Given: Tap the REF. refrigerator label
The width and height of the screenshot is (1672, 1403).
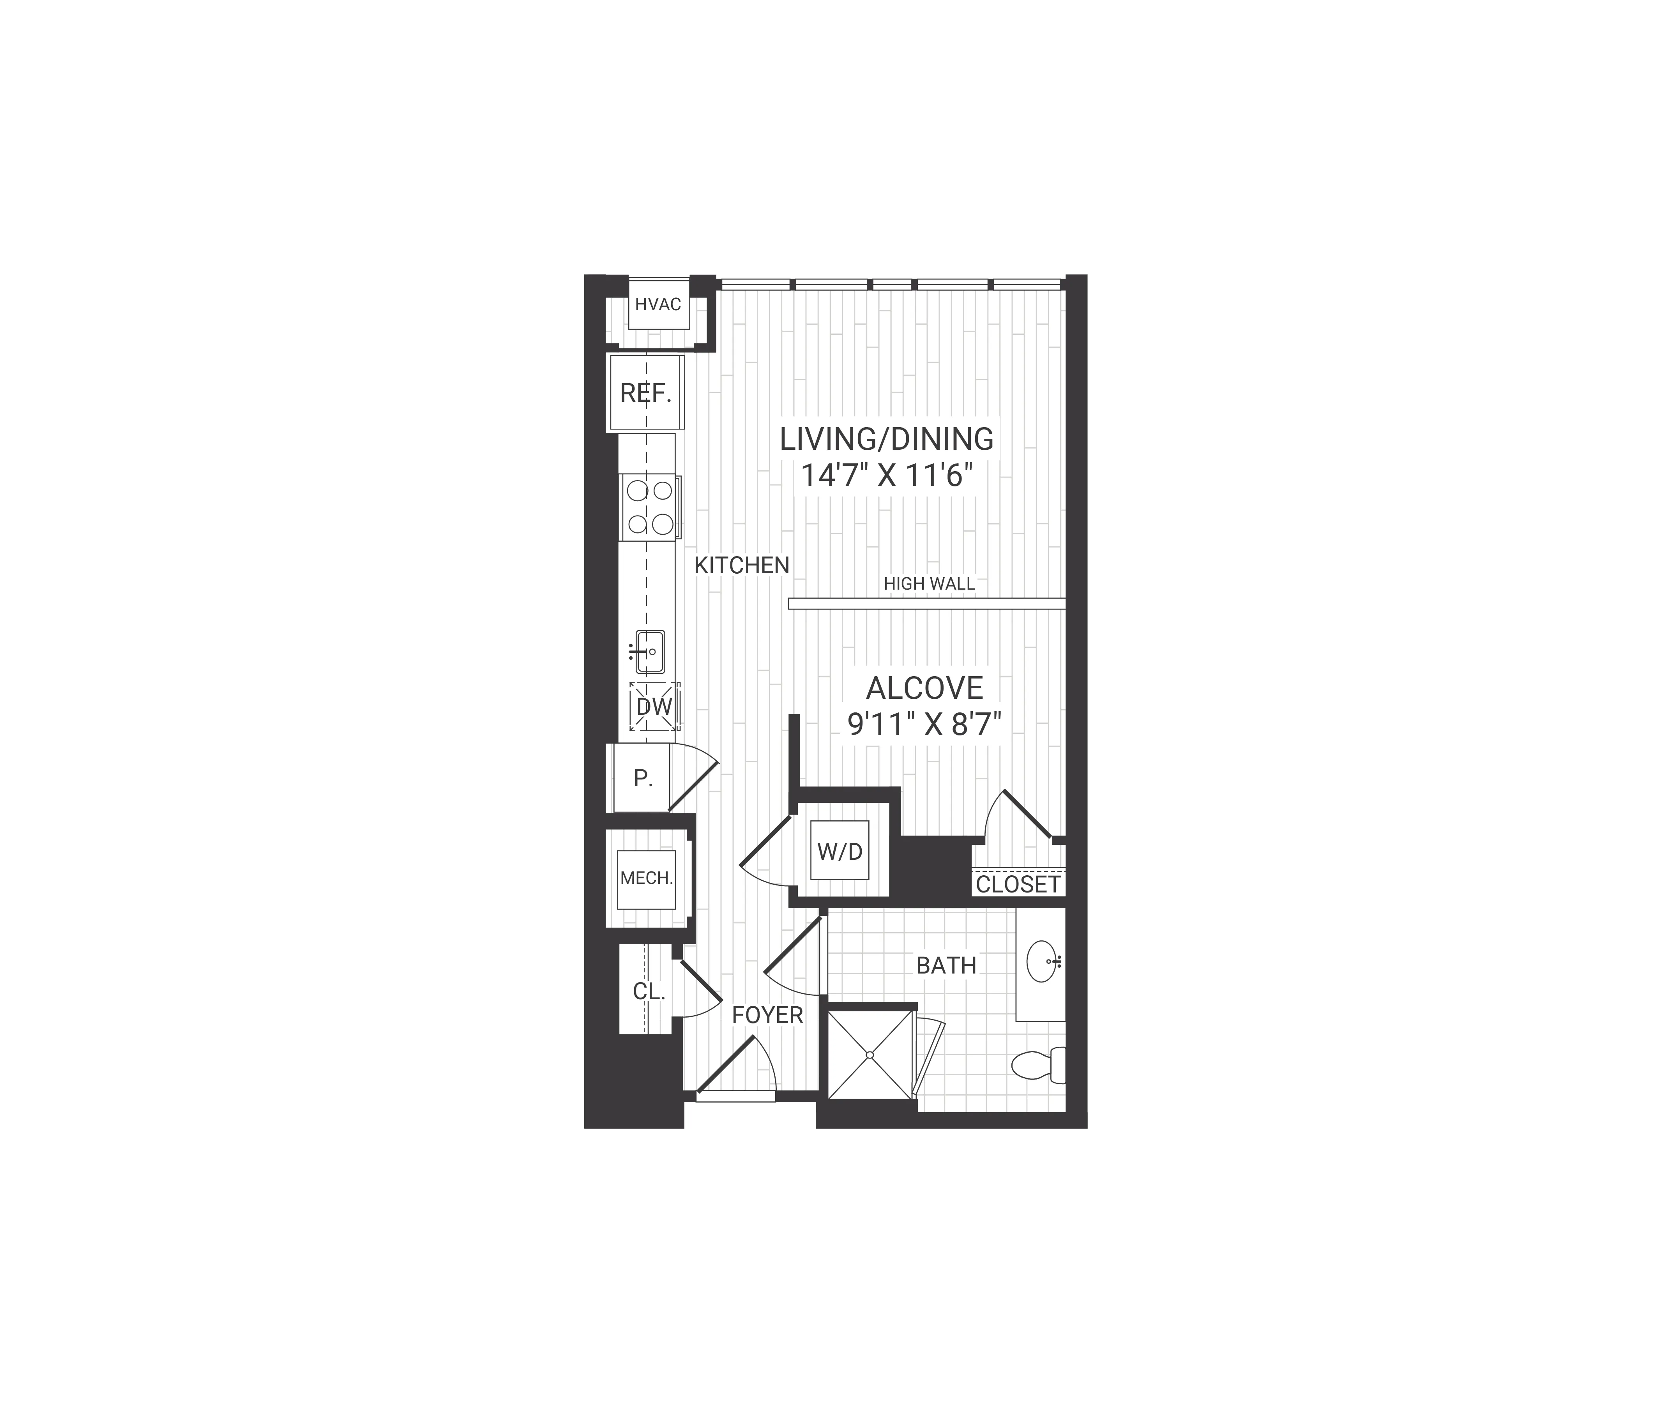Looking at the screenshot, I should pos(646,393).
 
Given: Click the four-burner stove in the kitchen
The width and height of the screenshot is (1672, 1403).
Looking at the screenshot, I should pos(650,507).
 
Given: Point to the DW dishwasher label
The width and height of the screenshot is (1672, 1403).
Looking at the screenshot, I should pos(654,706).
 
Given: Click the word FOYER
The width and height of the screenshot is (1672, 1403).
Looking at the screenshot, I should pos(767,1015).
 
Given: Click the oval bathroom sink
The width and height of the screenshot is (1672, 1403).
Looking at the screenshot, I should pos(1042,962).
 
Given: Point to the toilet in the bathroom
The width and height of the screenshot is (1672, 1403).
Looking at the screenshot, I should pos(1039,1065).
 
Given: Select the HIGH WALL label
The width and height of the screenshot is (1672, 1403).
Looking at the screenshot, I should pos(929,584).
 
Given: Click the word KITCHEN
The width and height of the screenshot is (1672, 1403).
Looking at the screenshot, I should pos(741,565).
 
